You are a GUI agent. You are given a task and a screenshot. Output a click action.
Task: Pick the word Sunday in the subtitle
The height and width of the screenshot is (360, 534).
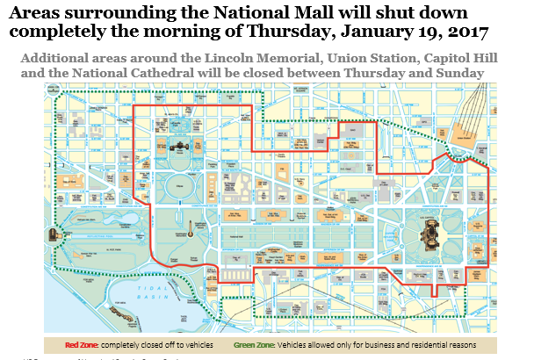point(464,73)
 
